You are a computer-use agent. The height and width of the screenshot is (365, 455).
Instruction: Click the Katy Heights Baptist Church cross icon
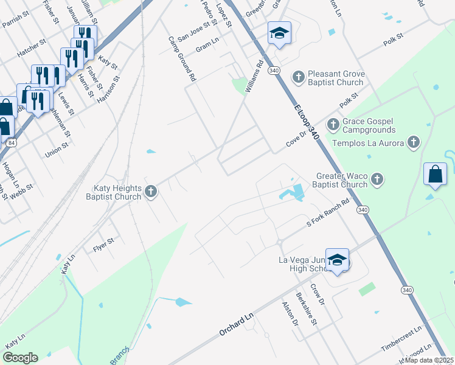pyautogui.click(x=151, y=192)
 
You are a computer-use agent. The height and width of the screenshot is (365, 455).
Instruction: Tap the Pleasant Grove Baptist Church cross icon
pyautogui.click(x=298, y=77)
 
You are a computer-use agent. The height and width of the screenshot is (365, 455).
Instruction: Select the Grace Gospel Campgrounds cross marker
pyautogui.click(x=333, y=125)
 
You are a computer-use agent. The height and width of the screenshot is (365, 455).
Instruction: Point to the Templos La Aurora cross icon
pyautogui.click(x=414, y=143)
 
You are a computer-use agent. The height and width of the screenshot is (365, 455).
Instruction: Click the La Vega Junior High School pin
pyautogui.click(x=337, y=259)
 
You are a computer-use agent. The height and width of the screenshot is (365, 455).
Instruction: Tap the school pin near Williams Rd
pyautogui.click(x=279, y=33)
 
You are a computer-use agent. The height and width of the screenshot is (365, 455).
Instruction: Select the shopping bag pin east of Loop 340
pyautogui.click(x=436, y=174)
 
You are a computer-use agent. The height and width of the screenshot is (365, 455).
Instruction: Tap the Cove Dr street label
pyautogui.click(x=298, y=141)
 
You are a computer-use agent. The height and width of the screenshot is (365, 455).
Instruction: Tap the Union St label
pyautogui.click(x=57, y=150)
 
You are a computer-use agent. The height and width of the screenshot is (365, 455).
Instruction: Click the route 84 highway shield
pyautogui.click(x=12, y=143)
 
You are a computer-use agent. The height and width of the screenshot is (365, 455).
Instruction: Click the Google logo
pyautogui.click(x=21, y=358)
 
